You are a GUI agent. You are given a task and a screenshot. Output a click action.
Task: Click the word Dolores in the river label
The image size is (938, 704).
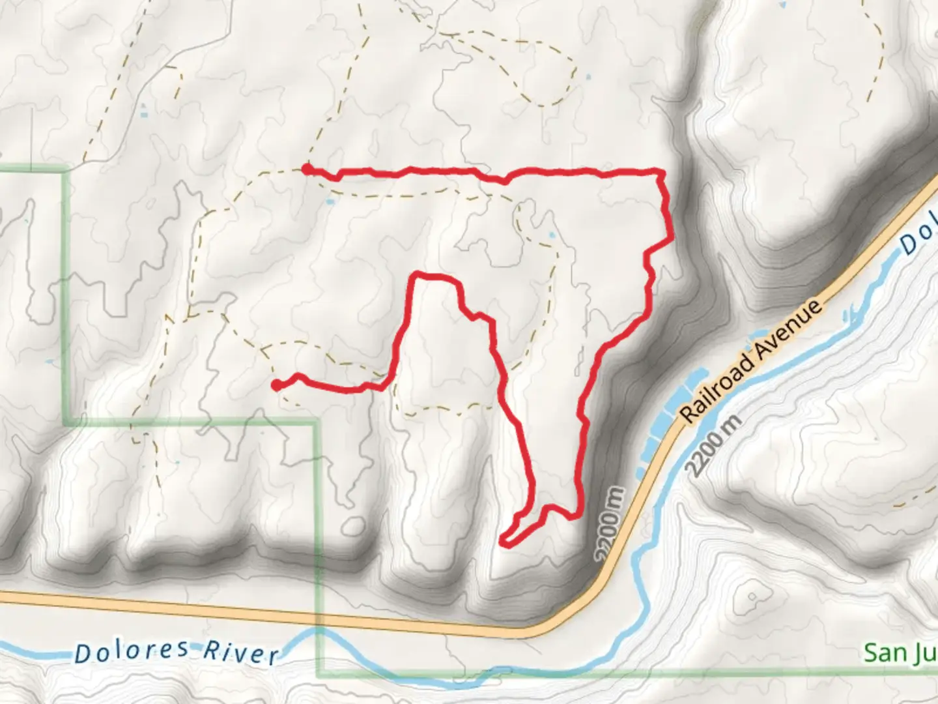click(132, 651)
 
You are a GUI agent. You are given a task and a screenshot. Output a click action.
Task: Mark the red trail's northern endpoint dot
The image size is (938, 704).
click(306, 169)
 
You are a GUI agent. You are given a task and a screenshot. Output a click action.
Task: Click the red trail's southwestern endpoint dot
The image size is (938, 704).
click(276, 385)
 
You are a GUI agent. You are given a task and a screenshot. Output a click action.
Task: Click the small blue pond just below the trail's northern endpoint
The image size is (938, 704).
click(330, 202)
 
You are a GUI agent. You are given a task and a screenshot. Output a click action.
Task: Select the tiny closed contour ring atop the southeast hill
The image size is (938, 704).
click(753, 596)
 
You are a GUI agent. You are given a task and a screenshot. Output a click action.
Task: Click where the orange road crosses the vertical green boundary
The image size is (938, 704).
click(318, 615)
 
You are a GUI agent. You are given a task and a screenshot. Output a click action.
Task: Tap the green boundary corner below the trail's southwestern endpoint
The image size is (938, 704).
click(317, 423)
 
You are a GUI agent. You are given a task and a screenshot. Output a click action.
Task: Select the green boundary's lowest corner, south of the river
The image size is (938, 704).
click(319, 674)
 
